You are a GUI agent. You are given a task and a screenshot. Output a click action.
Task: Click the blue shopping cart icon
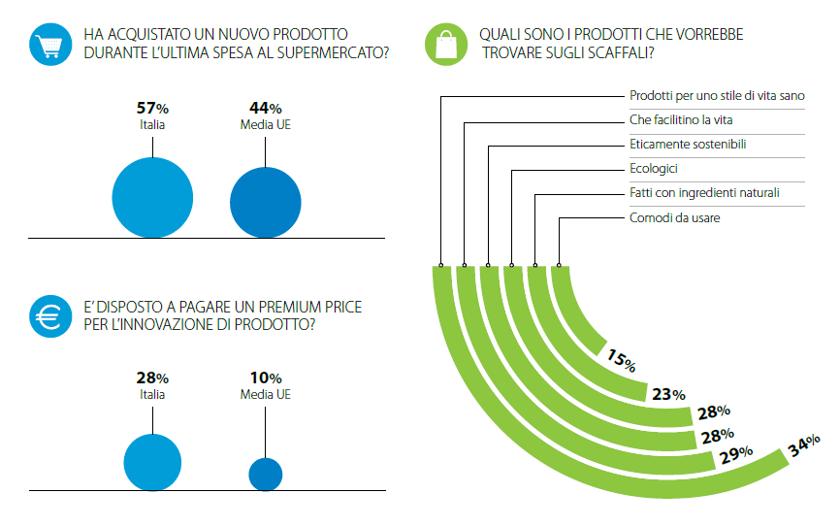pyautogui.click(x=50, y=45)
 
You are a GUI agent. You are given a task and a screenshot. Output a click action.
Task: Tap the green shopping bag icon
pyautogui.click(x=446, y=45)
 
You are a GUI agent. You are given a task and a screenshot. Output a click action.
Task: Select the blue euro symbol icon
pyautogui.click(x=50, y=316)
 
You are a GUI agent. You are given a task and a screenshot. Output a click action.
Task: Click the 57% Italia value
pyautogui.click(x=152, y=109)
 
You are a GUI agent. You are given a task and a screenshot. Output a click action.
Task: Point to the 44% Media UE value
pyautogui.click(x=266, y=109)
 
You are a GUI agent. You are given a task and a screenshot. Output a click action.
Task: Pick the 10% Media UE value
pyautogui.click(x=266, y=378)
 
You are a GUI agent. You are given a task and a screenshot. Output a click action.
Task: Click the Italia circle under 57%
pyautogui.click(x=152, y=198)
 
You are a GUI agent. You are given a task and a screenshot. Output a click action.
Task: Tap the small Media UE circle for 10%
pyautogui.click(x=266, y=474)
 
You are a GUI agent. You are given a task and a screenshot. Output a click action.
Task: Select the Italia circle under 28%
pyautogui.click(x=152, y=462)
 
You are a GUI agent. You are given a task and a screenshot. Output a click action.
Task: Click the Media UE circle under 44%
pyautogui.click(x=266, y=203)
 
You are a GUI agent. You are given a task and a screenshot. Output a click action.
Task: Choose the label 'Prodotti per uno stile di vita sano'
pyautogui.click(x=717, y=96)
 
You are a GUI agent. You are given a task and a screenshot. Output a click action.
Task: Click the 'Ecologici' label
pyautogui.click(x=654, y=169)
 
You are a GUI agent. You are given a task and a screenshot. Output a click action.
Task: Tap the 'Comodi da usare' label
pyautogui.click(x=674, y=217)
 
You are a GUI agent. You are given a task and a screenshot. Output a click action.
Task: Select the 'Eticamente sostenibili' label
pyautogui.click(x=688, y=145)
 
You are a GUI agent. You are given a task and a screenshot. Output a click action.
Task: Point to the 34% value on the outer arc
pyautogui.click(x=803, y=445)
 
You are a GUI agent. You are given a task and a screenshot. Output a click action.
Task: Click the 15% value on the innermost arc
pyautogui.click(x=622, y=360)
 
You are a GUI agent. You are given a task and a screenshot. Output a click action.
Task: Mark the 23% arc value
pyautogui.click(x=668, y=395)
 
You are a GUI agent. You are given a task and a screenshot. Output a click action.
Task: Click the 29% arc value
pyautogui.click(x=736, y=455)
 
